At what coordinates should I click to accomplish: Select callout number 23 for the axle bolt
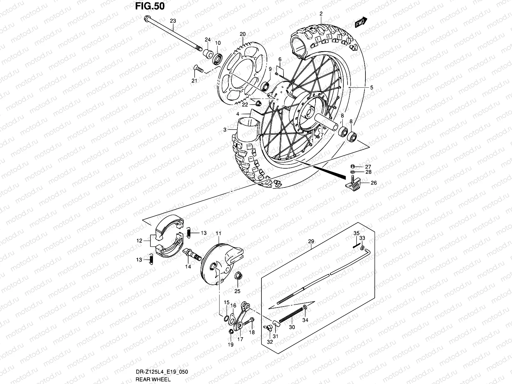point(173,21)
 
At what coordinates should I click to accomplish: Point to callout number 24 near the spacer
point(208,40)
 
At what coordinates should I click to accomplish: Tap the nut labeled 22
point(258,103)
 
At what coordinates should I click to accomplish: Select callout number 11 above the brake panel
point(218,234)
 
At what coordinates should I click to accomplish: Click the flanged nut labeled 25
point(238,276)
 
